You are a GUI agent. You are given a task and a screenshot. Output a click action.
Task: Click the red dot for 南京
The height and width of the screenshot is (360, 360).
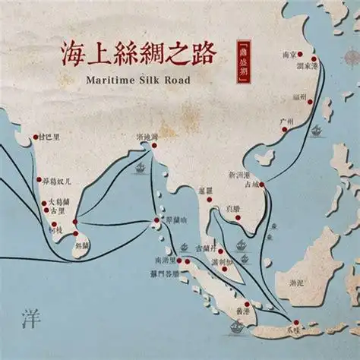pyautogui.click(x=300, y=55)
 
